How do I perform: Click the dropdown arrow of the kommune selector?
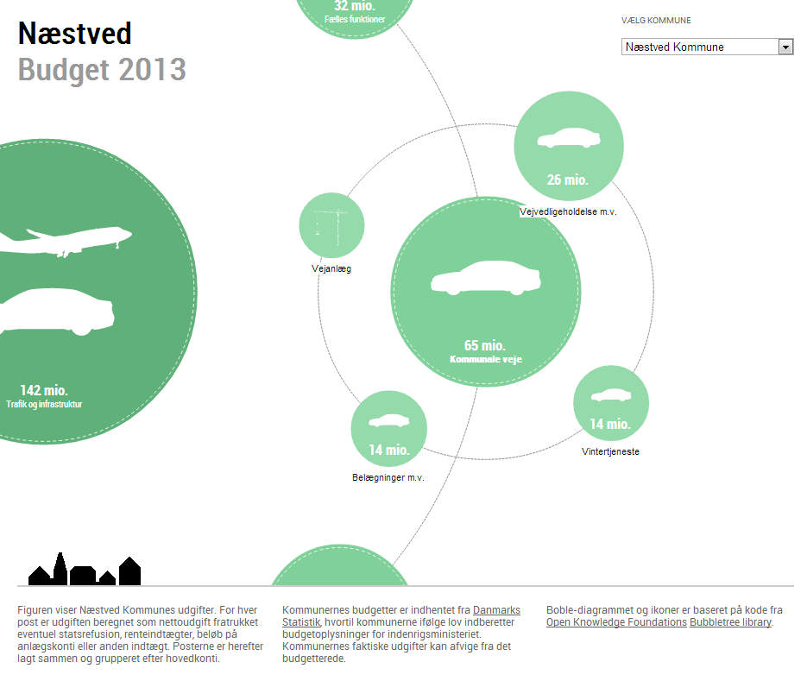pos(785,47)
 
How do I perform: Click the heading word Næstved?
pos(74,34)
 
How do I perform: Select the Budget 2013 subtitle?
pos(101,70)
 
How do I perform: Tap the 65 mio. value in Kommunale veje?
pos(485,345)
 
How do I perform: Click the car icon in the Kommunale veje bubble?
pos(486,278)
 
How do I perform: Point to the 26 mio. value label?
pos(567,180)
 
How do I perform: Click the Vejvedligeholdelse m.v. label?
pos(568,211)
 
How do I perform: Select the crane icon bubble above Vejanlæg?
pos(332,225)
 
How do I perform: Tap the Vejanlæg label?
pos(331,268)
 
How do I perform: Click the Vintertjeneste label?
pos(610,451)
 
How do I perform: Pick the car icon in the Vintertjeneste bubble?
pos(611,395)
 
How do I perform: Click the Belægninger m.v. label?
pos(388,477)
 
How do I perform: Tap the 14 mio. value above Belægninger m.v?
pos(389,450)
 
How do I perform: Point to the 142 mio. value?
pos(44,390)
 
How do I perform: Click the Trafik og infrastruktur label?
pos(44,404)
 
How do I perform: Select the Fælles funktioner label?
pos(355,19)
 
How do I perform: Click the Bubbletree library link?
pos(730,621)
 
